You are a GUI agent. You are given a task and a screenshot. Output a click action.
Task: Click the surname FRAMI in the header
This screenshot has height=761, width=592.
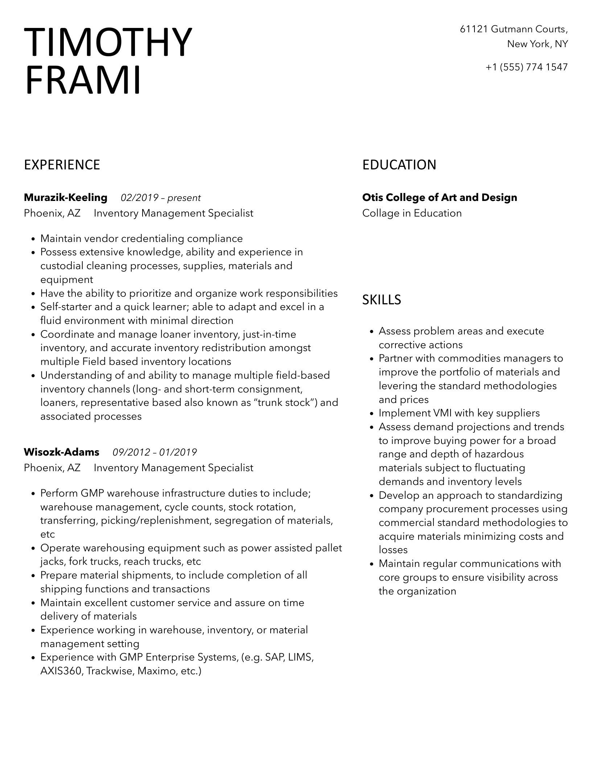pyautogui.click(x=83, y=80)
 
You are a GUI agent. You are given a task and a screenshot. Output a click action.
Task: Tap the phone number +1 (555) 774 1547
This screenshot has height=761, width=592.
pyautogui.click(x=527, y=67)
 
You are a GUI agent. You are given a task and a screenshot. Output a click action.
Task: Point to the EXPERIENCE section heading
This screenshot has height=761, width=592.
pyautogui.click(x=62, y=165)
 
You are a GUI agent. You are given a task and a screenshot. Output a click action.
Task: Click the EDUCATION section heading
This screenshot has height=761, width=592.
pyautogui.click(x=399, y=165)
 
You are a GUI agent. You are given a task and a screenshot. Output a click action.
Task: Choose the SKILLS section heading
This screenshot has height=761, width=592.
pyautogui.click(x=382, y=300)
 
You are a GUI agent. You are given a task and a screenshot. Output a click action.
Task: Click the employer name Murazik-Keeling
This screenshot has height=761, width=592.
pyautogui.click(x=66, y=198)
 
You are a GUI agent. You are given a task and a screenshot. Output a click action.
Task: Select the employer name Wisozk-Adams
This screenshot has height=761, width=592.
pyautogui.click(x=62, y=452)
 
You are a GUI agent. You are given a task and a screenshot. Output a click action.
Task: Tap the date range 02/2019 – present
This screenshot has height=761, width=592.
pyautogui.click(x=160, y=198)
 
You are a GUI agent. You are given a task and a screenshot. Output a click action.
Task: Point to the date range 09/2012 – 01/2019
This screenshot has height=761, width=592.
pyautogui.click(x=155, y=452)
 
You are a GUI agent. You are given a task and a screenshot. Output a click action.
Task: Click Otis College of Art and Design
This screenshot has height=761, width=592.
pyautogui.click(x=440, y=198)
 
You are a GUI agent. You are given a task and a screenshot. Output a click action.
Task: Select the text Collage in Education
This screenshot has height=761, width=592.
pyautogui.click(x=412, y=213)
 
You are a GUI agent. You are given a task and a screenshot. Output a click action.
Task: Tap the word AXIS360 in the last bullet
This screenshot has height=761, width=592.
pyautogui.click(x=62, y=671)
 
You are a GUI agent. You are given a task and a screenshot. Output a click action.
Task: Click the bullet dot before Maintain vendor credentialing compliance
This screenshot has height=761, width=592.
pyautogui.click(x=33, y=239)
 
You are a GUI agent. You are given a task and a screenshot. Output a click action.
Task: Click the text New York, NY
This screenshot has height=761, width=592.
pyautogui.click(x=537, y=44)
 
